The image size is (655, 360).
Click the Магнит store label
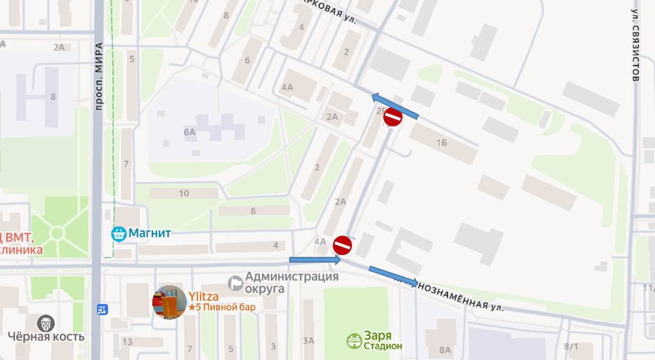pos(150,233)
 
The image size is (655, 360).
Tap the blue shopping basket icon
pos(119,233)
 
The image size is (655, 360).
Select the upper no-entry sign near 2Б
pos(392,117)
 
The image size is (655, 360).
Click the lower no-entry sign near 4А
pos(343,245)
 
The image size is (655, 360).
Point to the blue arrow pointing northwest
pos(394,106)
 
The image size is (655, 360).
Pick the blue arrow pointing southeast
pos(393,276)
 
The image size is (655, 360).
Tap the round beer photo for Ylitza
pos(170,302)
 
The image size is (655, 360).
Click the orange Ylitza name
pos(204,297)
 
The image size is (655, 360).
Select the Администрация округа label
pos(291,282)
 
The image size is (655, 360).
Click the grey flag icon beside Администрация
pos(235,283)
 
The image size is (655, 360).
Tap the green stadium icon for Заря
pos(354,341)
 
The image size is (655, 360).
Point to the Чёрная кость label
pos(46,337)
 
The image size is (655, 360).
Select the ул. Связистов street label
pos(635,45)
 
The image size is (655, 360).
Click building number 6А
pos(190,132)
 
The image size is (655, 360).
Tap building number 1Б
pos(441,143)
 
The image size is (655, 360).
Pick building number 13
pos(127,341)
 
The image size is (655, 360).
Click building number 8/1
pos(571,347)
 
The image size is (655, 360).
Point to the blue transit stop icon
pos(102,308)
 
